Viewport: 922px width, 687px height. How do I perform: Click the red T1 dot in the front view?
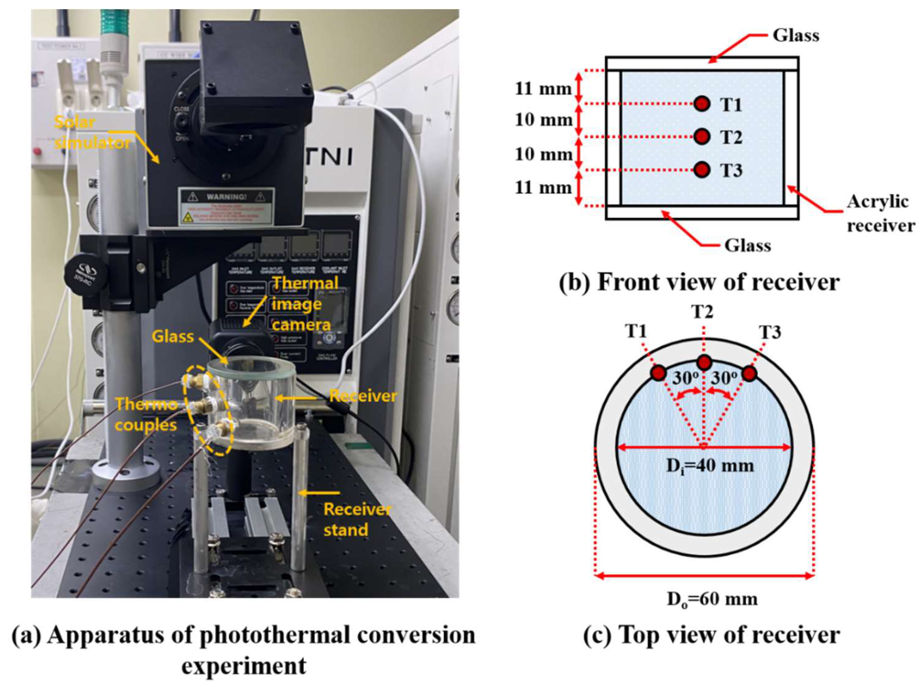click(702, 103)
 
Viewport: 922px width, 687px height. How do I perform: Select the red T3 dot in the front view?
click(702, 170)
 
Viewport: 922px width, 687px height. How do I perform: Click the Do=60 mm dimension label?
click(712, 599)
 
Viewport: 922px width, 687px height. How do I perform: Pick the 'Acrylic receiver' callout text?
click(880, 213)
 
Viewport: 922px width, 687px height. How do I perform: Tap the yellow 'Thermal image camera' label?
click(304, 304)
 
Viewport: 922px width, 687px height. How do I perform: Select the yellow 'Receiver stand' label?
click(357, 519)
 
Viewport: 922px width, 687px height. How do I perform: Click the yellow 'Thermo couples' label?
click(146, 415)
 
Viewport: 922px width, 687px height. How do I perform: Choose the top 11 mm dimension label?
click(543, 89)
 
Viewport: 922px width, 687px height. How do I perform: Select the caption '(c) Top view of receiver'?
click(711, 635)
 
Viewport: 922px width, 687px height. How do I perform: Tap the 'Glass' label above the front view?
click(796, 35)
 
